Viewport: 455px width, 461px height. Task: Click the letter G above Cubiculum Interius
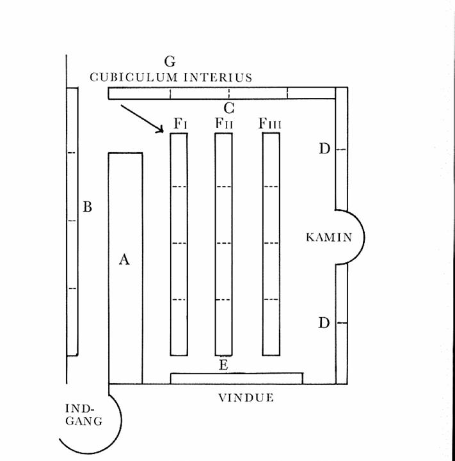pyautogui.click(x=170, y=61)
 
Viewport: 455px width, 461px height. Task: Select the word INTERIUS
pyautogui.click(x=218, y=77)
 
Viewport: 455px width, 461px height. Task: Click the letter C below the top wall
pyautogui.click(x=228, y=108)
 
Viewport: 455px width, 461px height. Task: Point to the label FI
pyautogui.click(x=180, y=123)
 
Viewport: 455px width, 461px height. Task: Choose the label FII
pyautogui.click(x=223, y=123)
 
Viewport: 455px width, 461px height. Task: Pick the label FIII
pyautogui.click(x=269, y=123)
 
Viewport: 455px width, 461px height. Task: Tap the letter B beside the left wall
pyautogui.click(x=88, y=207)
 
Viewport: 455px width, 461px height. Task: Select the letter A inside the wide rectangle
pyautogui.click(x=125, y=259)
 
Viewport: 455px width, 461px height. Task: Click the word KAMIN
pyautogui.click(x=329, y=237)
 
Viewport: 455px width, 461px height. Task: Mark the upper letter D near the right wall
pyautogui.click(x=324, y=149)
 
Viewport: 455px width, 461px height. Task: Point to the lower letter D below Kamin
pyautogui.click(x=324, y=323)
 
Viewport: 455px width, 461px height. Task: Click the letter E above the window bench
pyautogui.click(x=223, y=365)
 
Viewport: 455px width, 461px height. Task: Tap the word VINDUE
pyautogui.click(x=246, y=398)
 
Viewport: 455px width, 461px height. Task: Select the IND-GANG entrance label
pyautogui.click(x=84, y=414)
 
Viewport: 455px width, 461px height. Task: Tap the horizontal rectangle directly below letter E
pyautogui.click(x=236, y=378)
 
